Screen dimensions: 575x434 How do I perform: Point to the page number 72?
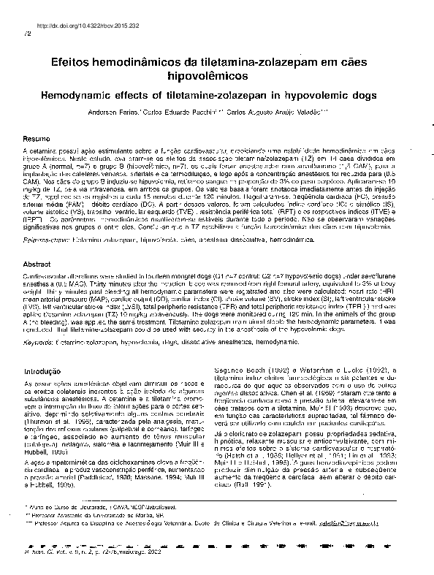[x=28, y=34]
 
